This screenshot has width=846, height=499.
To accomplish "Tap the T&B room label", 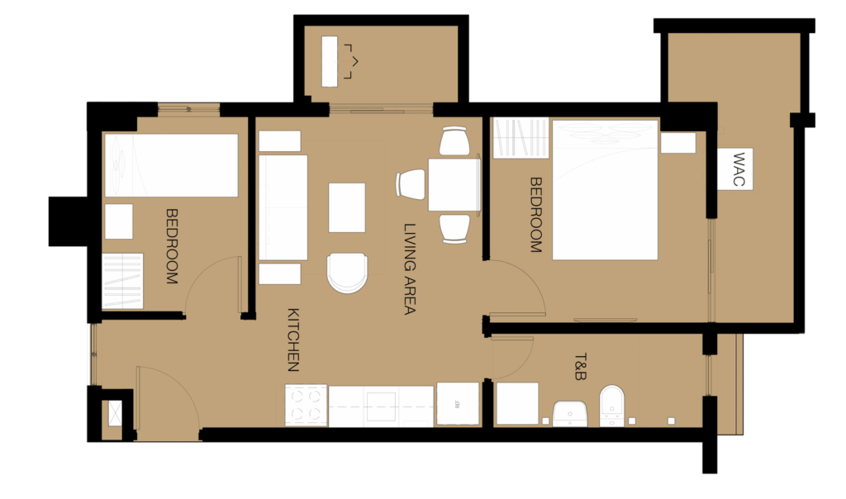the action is pyautogui.click(x=581, y=367).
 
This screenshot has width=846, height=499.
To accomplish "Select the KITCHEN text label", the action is pyautogui.click(x=293, y=340).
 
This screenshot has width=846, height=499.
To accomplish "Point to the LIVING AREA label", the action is pyautogui.click(x=410, y=269).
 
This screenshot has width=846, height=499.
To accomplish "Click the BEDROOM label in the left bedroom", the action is pyautogui.click(x=171, y=246).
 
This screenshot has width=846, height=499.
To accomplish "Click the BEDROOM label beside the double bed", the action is pyautogui.click(x=535, y=215).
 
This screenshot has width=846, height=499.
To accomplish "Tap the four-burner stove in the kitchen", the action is pyautogui.click(x=306, y=405).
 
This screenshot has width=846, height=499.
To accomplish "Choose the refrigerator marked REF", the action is pyautogui.click(x=458, y=403).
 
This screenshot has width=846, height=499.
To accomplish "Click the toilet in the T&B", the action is pyautogui.click(x=612, y=406).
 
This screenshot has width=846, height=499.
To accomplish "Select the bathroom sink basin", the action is pyautogui.click(x=570, y=414).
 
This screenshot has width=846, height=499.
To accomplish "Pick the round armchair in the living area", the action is pyautogui.click(x=348, y=273).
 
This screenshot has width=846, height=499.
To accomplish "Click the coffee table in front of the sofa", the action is pyautogui.click(x=347, y=207).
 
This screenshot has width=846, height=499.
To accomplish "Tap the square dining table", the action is pyautogui.click(x=454, y=184).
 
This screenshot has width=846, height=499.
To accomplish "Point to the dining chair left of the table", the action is pyautogui.click(x=411, y=184).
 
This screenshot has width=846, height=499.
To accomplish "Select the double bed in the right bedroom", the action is pyautogui.click(x=605, y=190).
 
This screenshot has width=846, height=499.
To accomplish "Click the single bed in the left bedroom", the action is pyautogui.click(x=172, y=165).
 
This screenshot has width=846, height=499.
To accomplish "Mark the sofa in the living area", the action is pyautogui.click(x=283, y=207).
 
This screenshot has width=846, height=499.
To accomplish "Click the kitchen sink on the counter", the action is pyautogui.click(x=382, y=406).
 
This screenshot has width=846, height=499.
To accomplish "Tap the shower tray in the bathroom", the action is pyautogui.click(x=517, y=403).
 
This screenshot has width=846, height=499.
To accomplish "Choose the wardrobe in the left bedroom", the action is pyautogui.click(x=123, y=281).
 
